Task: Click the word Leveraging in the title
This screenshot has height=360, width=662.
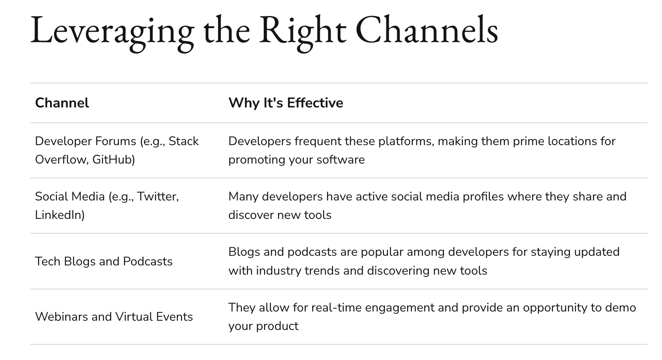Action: (112, 31)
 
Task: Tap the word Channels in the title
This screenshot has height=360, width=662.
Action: (427, 30)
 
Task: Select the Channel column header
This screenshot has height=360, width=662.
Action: (62, 103)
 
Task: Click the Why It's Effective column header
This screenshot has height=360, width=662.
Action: (285, 103)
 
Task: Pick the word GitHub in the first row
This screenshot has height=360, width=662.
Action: (113, 160)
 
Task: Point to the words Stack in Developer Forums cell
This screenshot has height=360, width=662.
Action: (184, 141)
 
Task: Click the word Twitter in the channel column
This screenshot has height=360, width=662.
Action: (157, 196)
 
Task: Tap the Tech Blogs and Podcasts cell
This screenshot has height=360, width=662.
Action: (103, 261)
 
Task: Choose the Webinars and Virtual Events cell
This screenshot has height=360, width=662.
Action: (114, 317)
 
